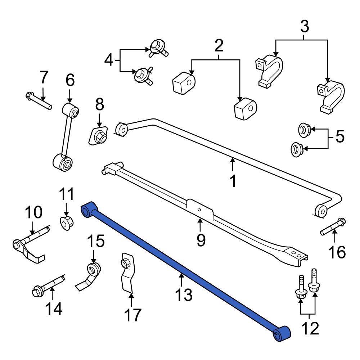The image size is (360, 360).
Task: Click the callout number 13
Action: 184,295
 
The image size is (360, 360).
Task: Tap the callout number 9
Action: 201,239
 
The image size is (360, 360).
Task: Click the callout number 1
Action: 233,181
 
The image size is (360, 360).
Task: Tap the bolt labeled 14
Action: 48,283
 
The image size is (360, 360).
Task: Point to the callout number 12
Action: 309,328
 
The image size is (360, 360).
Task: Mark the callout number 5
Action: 339,136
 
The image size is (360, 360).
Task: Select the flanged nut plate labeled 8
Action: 98,136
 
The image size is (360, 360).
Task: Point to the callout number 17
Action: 132,315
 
